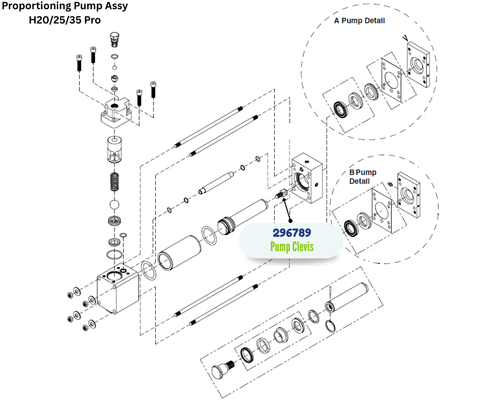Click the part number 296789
pos(292,233)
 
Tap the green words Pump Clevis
pos(292,247)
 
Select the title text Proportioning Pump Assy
pos(65,7)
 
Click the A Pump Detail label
pos(359,21)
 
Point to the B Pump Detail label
pos(363,176)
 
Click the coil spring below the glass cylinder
pos(115,182)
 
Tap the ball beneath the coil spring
pos(115,205)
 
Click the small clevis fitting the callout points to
pos(281,195)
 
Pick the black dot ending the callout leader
pos(291,221)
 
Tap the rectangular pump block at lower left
pos(117,289)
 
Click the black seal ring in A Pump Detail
pos(339,108)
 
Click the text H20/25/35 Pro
pos(65,20)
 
